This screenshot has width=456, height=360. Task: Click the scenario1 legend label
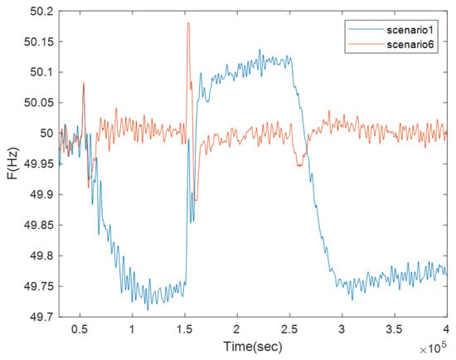pyautogui.click(x=410, y=30)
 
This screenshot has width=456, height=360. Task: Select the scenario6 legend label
pyautogui.click(x=410, y=45)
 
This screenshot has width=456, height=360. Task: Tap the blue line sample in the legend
pyautogui.click(x=366, y=29)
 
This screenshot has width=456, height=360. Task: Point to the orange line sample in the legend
pyautogui.click(x=366, y=44)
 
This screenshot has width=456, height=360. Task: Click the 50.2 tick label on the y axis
pyautogui.click(x=42, y=12)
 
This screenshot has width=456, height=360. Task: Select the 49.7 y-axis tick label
pyautogui.click(x=42, y=317)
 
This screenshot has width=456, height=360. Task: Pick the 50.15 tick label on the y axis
pyautogui.click(x=39, y=42)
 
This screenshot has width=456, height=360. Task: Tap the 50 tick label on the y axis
pyautogui.click(x=46, y=134)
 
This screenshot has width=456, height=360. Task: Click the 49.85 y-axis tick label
pyautogui.click(x=39, y=226)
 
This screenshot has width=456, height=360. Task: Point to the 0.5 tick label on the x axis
pyautogui.click(x=80, y=329)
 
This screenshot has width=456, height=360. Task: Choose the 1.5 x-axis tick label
pyautogui.click(x=185, y=329)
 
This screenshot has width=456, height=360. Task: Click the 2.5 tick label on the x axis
pyautogui.click(x=289, y=329)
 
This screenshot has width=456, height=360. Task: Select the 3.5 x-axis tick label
pyautogui.click(x=395, y=329)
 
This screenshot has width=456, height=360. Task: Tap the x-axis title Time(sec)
pyautogui.click(x=253, y=347)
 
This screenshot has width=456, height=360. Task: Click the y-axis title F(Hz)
pyautogui.click(x=13, y=164)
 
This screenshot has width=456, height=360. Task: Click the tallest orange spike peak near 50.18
pyautogui.click(x=188, y=23)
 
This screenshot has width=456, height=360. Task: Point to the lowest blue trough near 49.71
pyautogui.click(x=148, y=310)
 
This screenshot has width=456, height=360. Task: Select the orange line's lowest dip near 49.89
pyautogui.click(x=196, y=201)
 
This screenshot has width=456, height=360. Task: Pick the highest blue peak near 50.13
pyautogui.click(x=260, y=49)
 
